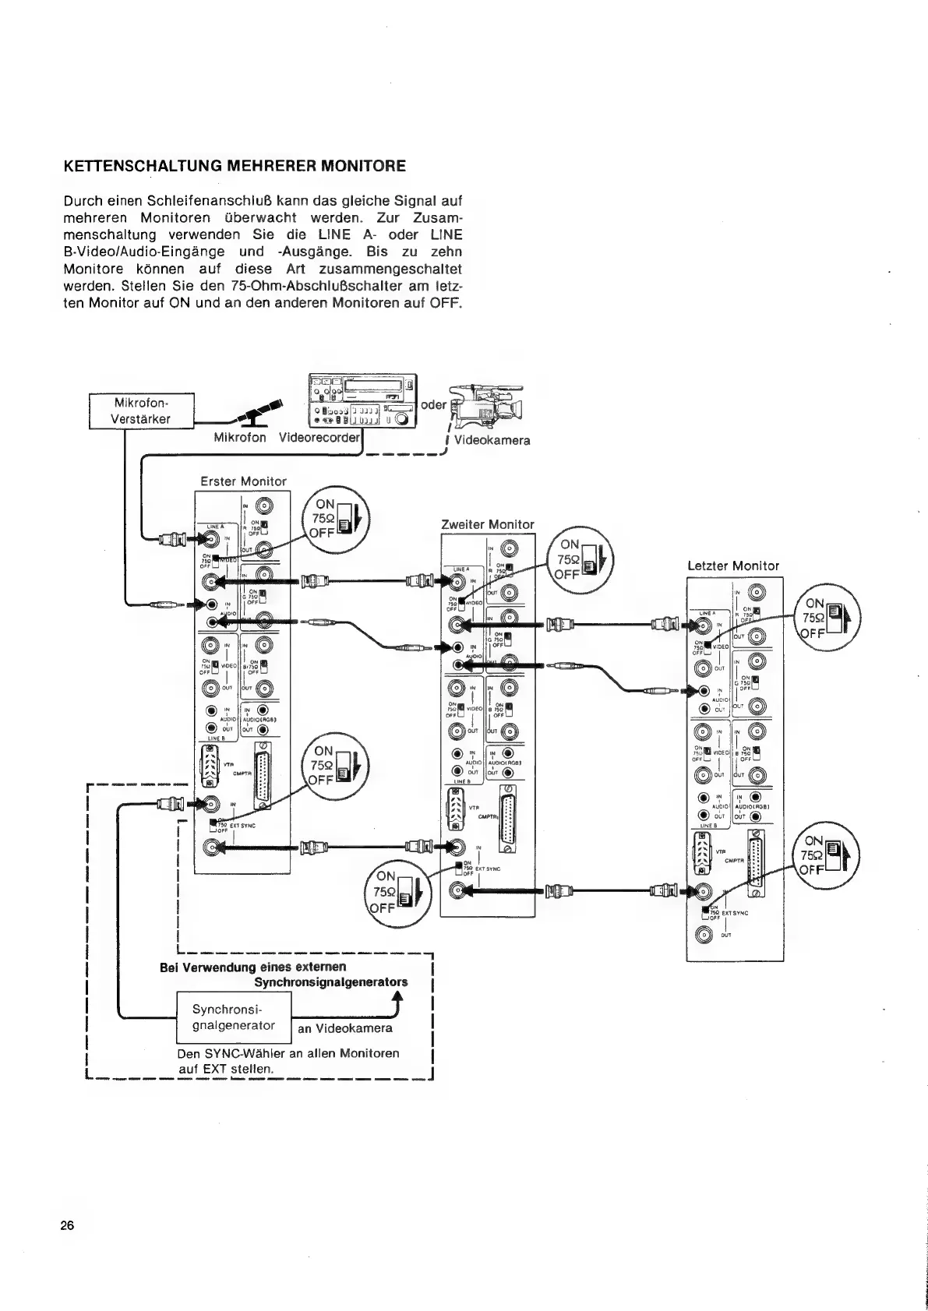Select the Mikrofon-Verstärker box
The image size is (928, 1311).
click(x=143, y=411)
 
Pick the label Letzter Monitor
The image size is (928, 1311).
click(x=732, y=566)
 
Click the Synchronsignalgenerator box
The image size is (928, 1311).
click(x=234, y=1018)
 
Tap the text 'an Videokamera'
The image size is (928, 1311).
click(x=345, y=1028)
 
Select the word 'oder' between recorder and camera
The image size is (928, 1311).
click(x=434, y=404)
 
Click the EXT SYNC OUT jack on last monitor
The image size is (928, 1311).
click(x=704, y=936)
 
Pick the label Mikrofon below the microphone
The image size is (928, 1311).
click(x=240, y=438)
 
